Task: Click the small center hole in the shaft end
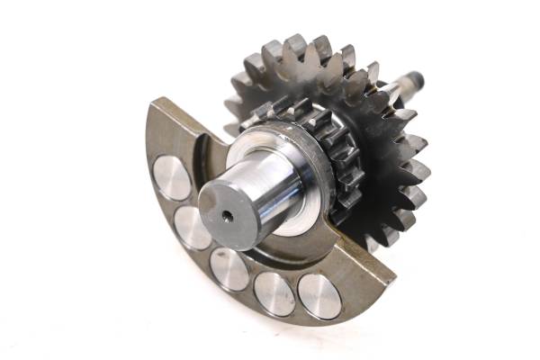(x=225, y=215)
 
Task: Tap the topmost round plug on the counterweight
(x=171, y=177)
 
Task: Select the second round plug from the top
(x=193, y=229)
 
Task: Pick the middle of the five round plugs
(x=229, y=269)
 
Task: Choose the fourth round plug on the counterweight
(x=274, y=293)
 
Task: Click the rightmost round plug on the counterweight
(x=319, y=296)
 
